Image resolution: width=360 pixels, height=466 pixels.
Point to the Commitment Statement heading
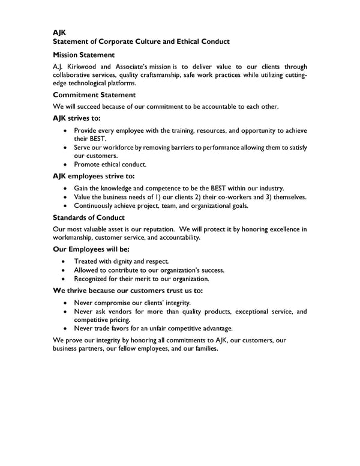click(94, 95)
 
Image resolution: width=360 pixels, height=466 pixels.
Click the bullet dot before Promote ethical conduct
click(65, 165)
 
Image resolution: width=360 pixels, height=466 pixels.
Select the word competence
click(167, 189)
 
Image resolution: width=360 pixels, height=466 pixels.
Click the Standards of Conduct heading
click(89, 217)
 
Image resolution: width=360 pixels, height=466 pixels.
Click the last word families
click(202, 348)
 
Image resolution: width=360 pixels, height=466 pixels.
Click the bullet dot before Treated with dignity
click(65, 262)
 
